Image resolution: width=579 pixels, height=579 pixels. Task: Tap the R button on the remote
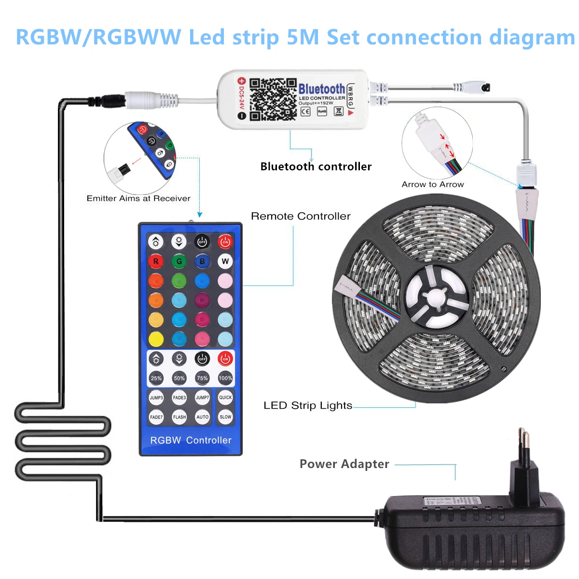(x=156, y=262)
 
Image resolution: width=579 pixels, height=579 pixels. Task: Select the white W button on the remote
(x=225, y=262)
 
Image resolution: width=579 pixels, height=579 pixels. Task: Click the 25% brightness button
(x=156, y=378)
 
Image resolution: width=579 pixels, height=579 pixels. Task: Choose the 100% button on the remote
(x=225, y=378)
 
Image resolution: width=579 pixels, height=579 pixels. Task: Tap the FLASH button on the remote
(x=179, y=417)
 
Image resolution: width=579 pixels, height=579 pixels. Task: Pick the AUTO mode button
(x=202, y=417)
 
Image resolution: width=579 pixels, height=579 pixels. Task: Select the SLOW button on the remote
(x=225, y=417)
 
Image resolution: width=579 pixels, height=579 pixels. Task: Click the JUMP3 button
(x=156, y=398)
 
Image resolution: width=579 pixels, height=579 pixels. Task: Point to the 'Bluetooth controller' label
(x=316, y=166)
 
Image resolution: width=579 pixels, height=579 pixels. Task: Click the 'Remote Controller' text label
(x=301, y=216)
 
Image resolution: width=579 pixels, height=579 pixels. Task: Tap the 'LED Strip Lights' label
(x=308, y=405)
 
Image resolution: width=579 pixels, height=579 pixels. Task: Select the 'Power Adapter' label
(x=344, y=464)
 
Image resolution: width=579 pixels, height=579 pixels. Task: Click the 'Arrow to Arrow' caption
(x=433, y=184)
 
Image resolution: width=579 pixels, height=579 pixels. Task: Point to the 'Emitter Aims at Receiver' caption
(x=138, y=198)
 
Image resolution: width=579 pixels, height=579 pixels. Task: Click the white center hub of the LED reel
(x=436, y=294)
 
